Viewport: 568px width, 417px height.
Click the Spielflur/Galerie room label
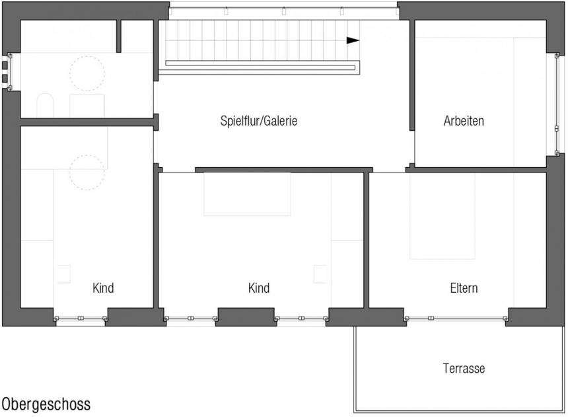259,121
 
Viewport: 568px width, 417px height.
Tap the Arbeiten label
464,121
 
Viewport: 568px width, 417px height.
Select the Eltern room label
464,288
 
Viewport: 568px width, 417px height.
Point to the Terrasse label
464,368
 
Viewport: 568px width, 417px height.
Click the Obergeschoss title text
46,404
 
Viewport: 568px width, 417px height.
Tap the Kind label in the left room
103,288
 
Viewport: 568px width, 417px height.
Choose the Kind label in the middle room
259,288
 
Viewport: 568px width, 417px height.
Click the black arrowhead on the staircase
353,40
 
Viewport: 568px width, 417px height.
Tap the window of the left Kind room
81,319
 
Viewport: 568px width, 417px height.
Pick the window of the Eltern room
456,319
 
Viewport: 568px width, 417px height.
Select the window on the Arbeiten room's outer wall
557,104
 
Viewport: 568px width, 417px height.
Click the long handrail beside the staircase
260,67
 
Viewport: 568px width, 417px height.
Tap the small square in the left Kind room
63,274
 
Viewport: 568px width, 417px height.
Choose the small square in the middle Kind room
320,274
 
